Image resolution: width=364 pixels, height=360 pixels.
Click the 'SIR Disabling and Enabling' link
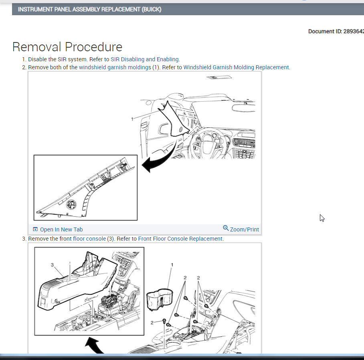[145, 59]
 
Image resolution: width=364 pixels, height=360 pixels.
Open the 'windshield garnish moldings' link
[115, 67]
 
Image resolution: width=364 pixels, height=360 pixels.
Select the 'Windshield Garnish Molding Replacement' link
[236, 67]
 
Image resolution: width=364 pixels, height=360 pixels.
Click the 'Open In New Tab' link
[61, 229]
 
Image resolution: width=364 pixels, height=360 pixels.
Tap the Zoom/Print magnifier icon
[226, 228]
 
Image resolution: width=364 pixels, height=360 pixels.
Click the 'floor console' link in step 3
[89, 239]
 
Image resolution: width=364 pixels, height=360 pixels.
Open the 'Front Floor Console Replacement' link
[180, 239]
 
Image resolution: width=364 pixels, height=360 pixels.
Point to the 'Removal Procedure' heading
[67, 47]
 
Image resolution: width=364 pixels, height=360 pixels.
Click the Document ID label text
[336, 31]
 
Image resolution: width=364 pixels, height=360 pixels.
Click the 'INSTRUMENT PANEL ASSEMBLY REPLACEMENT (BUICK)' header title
[90, 9]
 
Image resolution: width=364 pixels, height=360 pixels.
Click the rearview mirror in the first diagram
[243, 108]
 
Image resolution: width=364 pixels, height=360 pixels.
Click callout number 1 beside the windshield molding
[132, 119]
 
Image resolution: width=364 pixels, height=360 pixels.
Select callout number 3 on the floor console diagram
[52, 265]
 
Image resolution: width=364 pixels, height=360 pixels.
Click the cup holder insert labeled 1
[160, 300]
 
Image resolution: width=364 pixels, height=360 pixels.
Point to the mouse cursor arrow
[322, 218]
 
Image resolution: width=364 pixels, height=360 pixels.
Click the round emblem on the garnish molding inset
[71, 205]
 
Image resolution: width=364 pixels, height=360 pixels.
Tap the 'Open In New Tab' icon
[35, 229]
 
